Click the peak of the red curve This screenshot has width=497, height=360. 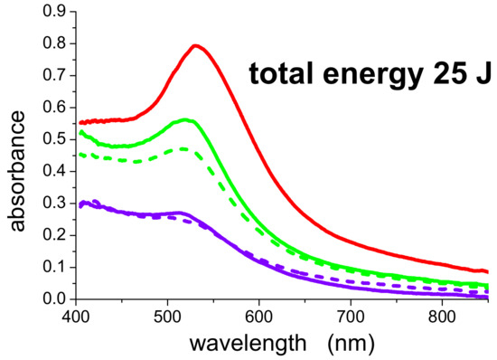[x=195, y=46]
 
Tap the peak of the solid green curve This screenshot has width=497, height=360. [x=185, y=120]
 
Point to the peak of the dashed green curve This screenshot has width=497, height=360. [x=183, y=148]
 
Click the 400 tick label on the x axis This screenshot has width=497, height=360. [x=76, y=317]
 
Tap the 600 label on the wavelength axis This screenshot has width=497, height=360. [x=259, y=317]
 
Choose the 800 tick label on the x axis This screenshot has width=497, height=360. [x=442, y=317]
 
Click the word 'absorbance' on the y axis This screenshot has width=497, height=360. [x=16, y=171]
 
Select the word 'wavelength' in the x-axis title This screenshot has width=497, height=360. [x=248, y=343]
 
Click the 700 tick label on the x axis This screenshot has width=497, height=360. [x=351, y=317]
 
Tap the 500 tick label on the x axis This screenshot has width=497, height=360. [x=168, y=317]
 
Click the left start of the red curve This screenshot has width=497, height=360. [x=80, y=123]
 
